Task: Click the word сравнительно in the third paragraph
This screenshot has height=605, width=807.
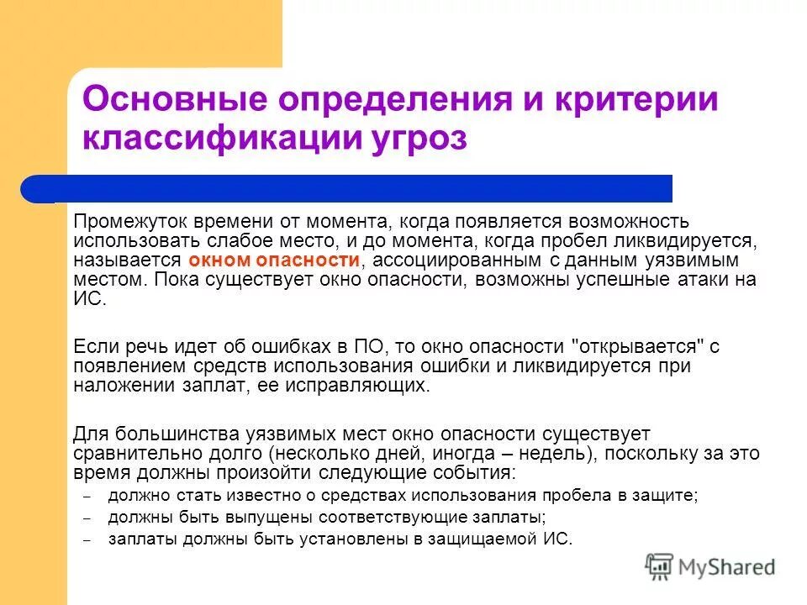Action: click(125, 453)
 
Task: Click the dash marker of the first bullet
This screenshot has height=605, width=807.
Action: click(87, 497)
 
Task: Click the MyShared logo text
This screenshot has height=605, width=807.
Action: click(727, 567)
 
